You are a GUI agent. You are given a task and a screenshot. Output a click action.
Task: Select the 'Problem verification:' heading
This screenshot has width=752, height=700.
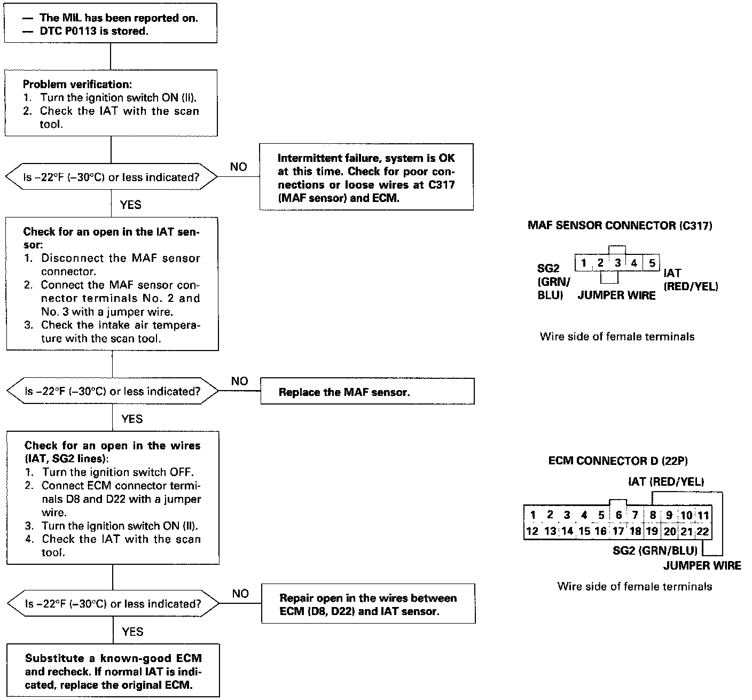(x=77, y=84)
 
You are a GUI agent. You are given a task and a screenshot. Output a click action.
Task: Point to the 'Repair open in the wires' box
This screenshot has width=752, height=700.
(x=367, y=604)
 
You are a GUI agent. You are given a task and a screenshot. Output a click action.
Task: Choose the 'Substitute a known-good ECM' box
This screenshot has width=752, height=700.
(x=113, y=672)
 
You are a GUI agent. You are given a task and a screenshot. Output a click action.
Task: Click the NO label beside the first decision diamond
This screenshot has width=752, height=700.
(x=238, y=167)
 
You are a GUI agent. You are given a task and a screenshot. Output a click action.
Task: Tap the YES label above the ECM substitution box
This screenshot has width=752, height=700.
(x=132, y=632)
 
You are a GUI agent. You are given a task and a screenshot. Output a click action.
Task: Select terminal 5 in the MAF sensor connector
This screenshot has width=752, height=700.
(x=652, y=263)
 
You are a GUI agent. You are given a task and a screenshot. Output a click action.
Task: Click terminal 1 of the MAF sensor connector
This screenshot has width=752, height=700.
(x=584, y=263)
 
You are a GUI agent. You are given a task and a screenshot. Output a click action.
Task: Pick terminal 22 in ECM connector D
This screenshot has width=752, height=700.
(x=703, y=531)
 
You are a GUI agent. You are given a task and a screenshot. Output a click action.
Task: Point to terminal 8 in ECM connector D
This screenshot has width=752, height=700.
(x=652, y=516)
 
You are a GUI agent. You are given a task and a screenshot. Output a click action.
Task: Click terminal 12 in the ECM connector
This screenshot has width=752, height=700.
(x=532, y=531)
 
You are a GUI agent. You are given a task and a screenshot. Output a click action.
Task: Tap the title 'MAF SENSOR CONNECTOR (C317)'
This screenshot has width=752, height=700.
(x=620, y=225)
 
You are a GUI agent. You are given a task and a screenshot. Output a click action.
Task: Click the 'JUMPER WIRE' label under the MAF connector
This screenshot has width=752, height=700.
(x=616, y=296)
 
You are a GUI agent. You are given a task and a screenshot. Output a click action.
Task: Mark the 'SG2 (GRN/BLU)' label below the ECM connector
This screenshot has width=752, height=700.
(x=655, y=550)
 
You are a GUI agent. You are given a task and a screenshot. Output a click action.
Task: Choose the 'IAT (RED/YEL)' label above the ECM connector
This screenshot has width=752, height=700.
(x=666, y=481)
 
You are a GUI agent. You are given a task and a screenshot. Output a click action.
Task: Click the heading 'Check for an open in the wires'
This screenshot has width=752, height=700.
(x=113, y=446)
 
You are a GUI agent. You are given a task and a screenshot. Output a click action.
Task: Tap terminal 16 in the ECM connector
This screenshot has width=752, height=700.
(x=600, y=531)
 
